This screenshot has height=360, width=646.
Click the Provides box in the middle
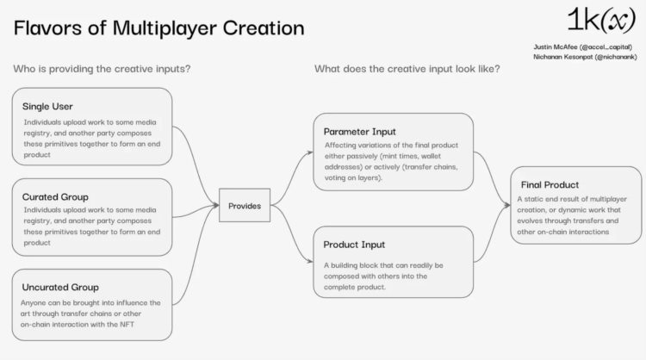pos(244,206)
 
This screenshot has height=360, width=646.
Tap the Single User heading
pos(48,106)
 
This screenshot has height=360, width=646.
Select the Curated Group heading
pos(55,196)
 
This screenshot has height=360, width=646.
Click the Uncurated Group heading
pos(60,287)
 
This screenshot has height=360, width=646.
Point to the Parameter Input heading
pos(359,132)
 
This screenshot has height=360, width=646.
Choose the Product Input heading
pos(354,245)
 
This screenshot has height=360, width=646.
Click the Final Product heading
pos(550,184)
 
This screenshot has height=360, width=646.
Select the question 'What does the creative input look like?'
pos(407,69)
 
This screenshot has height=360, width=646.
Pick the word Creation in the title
pos(262,28)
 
